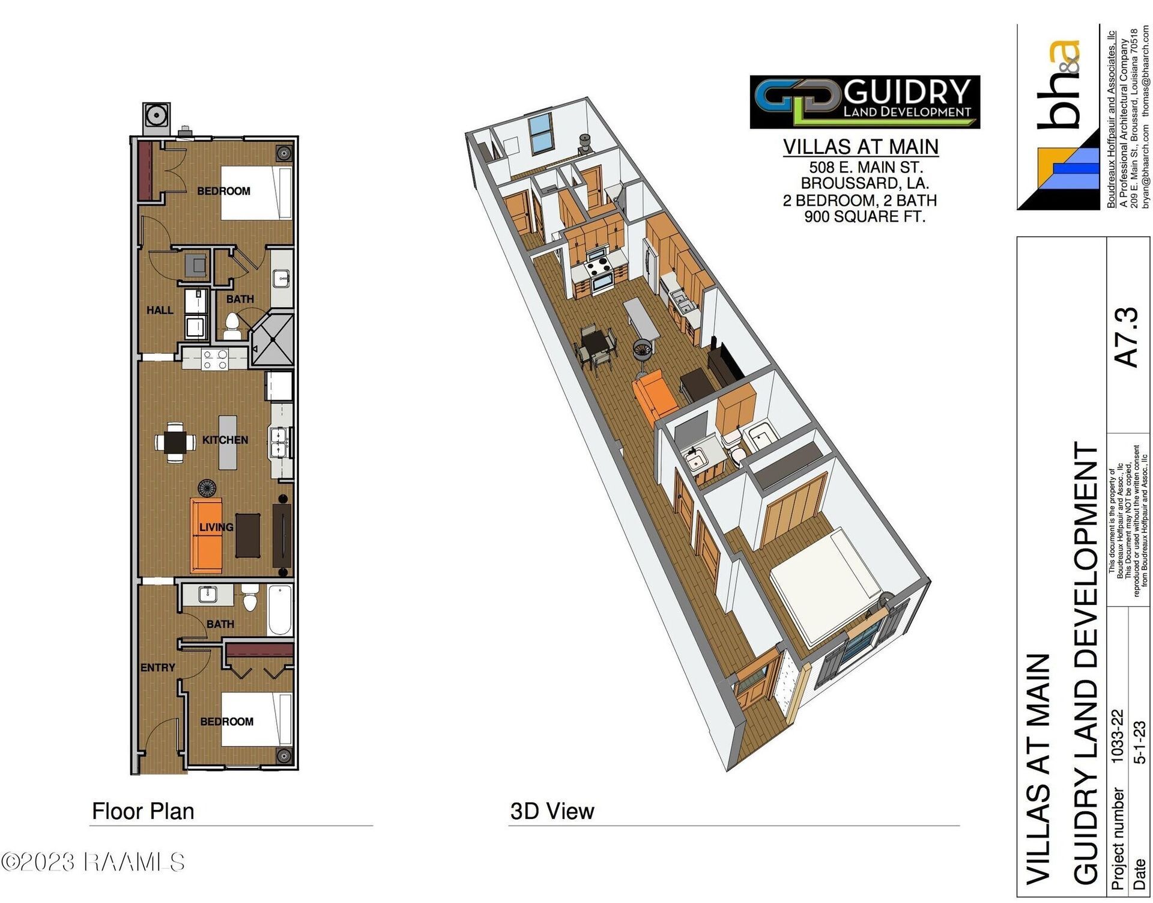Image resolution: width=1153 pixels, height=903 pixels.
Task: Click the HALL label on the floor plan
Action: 160,310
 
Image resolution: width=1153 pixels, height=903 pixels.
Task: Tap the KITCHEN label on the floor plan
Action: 225,440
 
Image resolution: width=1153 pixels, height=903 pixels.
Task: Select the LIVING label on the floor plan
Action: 216,527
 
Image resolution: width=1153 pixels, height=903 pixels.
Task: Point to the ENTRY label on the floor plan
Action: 157,667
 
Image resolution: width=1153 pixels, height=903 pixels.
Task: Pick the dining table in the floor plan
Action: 175,443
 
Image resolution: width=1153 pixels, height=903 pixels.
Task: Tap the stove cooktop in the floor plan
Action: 215,359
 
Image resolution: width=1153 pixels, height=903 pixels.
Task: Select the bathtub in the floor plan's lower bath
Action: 280,610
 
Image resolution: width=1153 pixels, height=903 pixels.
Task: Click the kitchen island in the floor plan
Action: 228,442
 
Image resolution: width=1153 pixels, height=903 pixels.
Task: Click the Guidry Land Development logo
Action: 864,102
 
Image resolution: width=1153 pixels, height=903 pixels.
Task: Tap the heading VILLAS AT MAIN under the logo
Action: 861,147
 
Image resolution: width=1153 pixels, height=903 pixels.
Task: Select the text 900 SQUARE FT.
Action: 864,216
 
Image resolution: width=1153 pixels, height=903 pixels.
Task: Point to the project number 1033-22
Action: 1116,736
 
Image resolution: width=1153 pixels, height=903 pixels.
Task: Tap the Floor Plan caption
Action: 143,811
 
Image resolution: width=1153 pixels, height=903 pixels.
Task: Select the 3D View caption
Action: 552,811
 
